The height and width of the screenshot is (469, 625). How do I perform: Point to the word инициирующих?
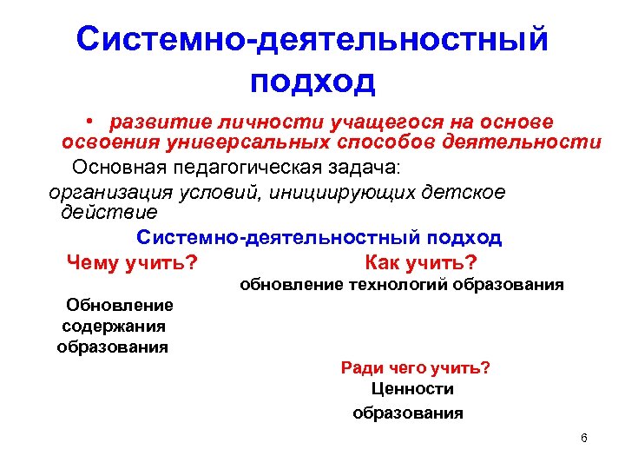coord(328,190)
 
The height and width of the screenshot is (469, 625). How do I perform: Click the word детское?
coord(467,190)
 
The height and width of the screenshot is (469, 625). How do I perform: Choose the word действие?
coord(109,211)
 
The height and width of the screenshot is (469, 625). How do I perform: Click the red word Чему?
coord(92,262)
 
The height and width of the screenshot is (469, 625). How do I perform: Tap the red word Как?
coord(385,262)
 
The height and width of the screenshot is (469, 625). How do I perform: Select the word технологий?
coord(398,285)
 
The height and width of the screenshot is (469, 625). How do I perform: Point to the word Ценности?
coord(411,390)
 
